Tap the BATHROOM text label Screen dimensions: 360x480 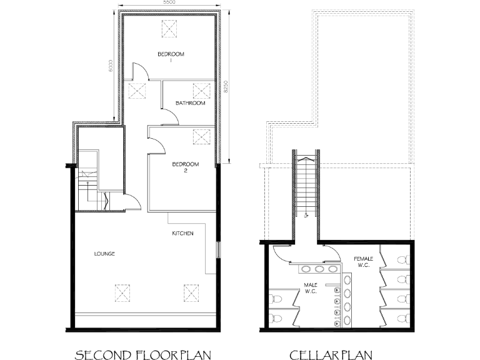[190, 103]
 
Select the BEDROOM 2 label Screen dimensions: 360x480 [186, 167]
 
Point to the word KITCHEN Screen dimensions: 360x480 [183, 234]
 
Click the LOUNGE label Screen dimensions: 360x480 [104, 254]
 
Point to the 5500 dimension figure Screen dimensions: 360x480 [169, 3]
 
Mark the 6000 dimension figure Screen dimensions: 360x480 [110, 66]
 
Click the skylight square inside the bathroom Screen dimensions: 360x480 [201, 91]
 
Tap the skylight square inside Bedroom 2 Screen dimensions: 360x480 [201, 136]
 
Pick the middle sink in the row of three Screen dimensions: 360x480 [319, 269]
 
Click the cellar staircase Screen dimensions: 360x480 [306, 187]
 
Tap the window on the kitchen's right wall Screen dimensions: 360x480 [218, 249]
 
